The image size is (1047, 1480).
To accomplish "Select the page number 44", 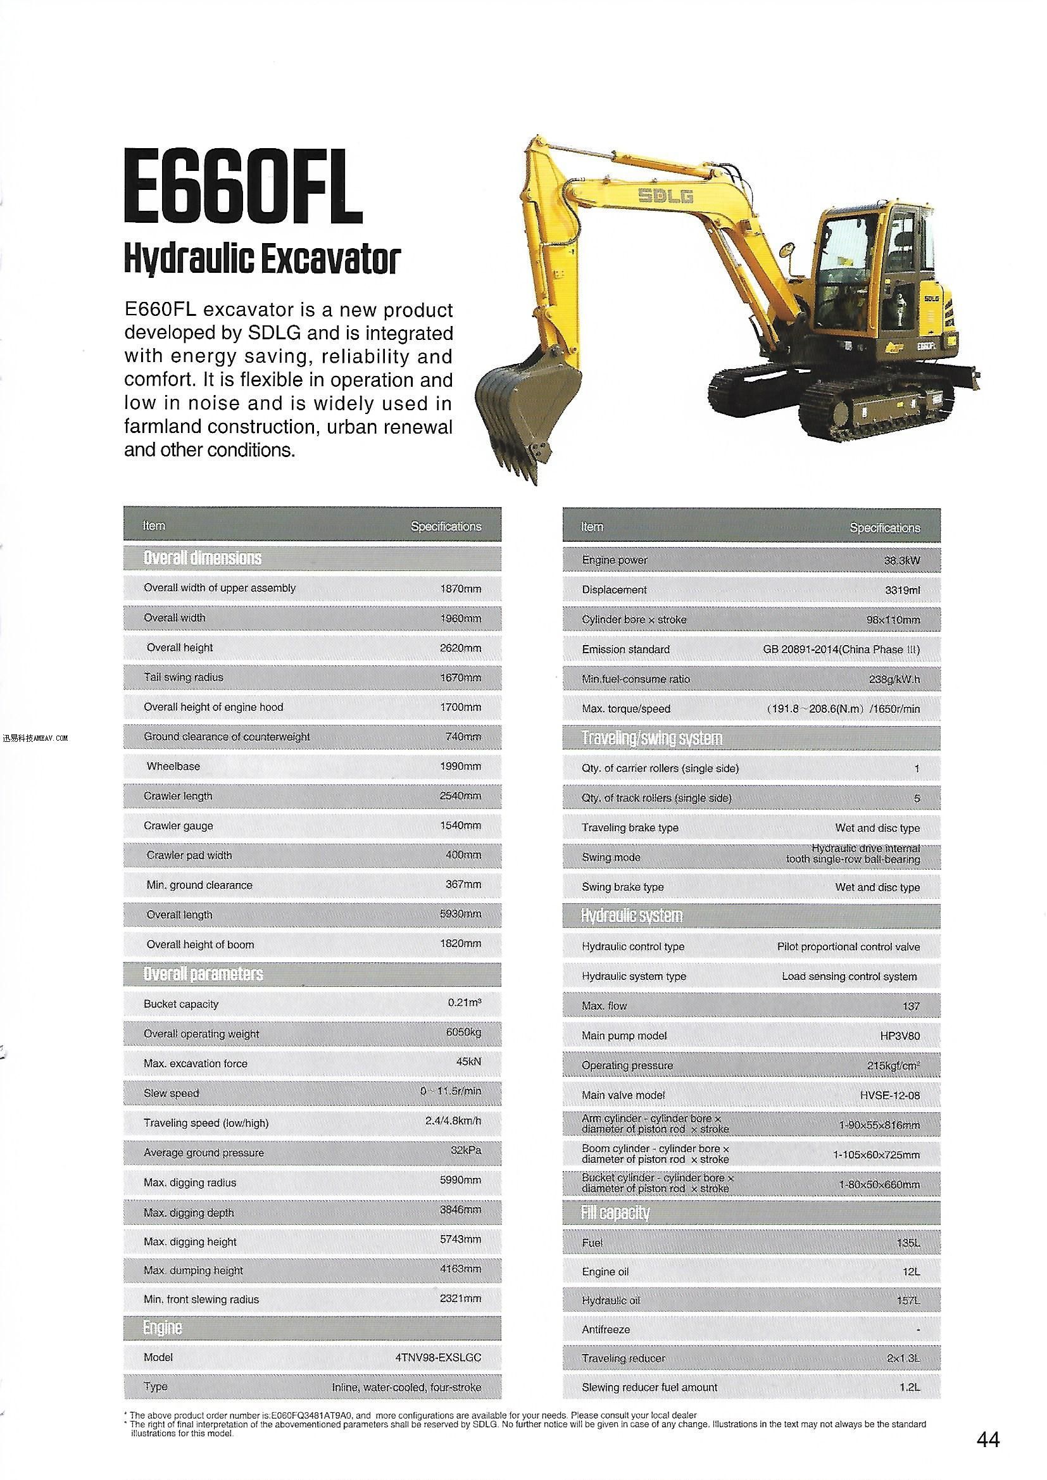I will click(x=988, y=1439).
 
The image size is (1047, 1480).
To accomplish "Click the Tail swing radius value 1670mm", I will click(x=460, y=677).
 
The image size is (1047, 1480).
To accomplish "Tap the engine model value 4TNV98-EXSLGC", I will click(x=438, y=1357).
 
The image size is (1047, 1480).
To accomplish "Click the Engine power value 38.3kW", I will click(x=901, y=560).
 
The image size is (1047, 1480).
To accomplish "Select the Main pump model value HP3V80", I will click(x=900, y=1036).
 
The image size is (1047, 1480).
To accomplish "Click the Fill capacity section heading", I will click(x=615, y=1213).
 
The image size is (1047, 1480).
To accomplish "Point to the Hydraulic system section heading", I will click(x=631, y=916).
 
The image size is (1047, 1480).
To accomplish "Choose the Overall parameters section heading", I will click(x=203, y=974).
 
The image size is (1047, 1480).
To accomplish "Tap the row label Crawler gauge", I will click(x=178, y=825).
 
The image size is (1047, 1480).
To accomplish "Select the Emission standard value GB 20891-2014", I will click(x=841, y=649).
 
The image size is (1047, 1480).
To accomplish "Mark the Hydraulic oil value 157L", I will click(x=908, y=1301).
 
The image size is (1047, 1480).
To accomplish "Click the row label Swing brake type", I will click(x=622, y=887).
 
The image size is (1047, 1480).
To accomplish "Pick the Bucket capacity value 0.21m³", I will click(x=465, y=1003).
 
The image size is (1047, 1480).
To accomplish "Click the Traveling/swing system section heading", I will click(x=651, y=738).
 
